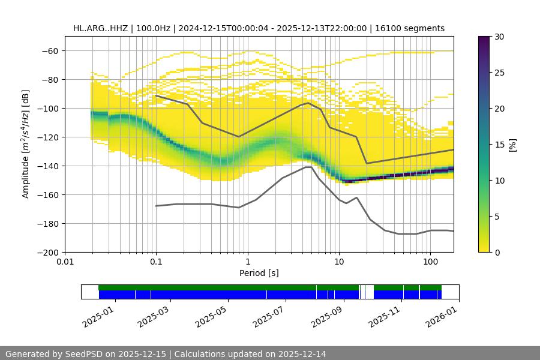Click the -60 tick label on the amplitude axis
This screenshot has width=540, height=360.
click(x=49, y=51)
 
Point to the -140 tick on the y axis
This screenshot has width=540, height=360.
click(x=49, y=166)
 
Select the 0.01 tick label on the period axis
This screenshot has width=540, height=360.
click(x=65, y=262)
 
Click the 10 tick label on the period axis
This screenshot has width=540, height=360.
click(x=339, y=262)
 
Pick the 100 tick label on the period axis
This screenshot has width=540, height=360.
click(x=430, y=262)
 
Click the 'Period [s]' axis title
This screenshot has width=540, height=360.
click(x=259, y=274)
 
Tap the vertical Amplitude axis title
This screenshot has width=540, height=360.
click(x=26, y=144)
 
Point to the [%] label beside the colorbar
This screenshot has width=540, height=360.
click(x=512, y=145)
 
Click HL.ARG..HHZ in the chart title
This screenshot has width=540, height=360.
click(x=97, y=28)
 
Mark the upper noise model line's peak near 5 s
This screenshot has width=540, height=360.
click(x=308, y=103)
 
